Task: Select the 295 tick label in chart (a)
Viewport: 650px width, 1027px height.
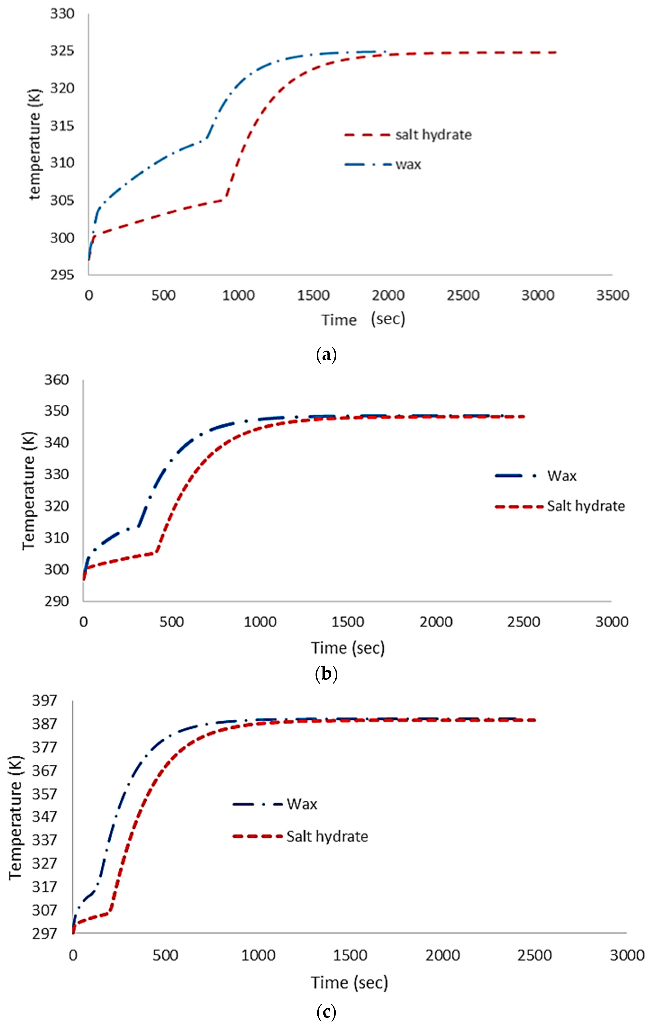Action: tap(62, 275)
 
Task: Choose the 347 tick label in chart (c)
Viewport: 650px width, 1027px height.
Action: tap(44, 816)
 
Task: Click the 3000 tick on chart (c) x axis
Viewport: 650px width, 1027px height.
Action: tap(626, 955)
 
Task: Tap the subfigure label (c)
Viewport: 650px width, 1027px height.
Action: tap(326, 1011)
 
